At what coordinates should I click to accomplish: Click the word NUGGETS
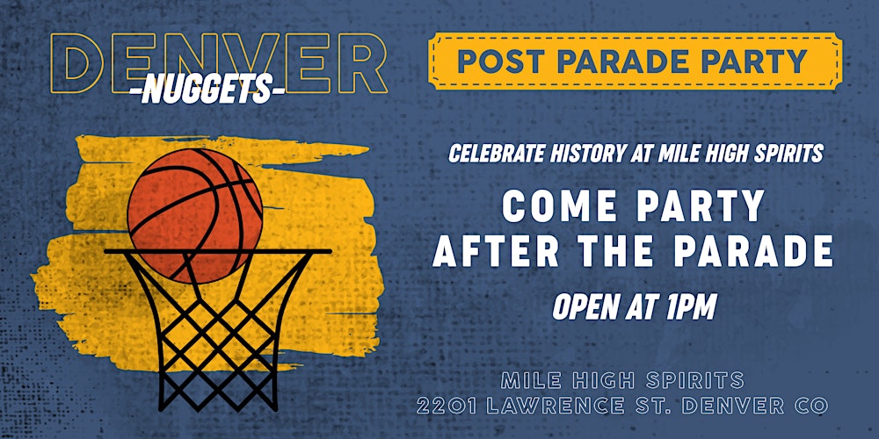click(x=207, y=90)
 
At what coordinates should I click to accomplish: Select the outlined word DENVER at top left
click(x=219, y=63)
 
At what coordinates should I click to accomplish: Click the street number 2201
click(x=447, y=406)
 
